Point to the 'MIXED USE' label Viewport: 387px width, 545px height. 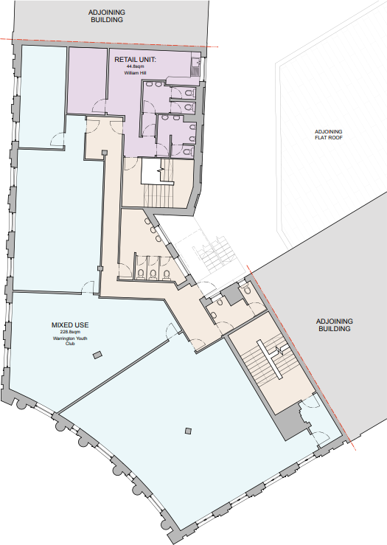70,324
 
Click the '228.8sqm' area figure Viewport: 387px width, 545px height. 70,333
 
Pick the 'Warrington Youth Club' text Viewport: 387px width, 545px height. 70,341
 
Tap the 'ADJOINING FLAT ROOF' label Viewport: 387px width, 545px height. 328,134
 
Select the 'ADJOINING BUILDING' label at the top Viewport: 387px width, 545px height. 111,17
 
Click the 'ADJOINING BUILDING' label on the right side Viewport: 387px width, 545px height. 335,325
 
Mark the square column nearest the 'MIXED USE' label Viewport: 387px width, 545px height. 97,355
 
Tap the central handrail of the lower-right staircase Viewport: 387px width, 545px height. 276,362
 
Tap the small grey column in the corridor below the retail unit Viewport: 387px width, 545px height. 103,153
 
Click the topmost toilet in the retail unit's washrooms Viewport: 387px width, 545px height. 150,84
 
